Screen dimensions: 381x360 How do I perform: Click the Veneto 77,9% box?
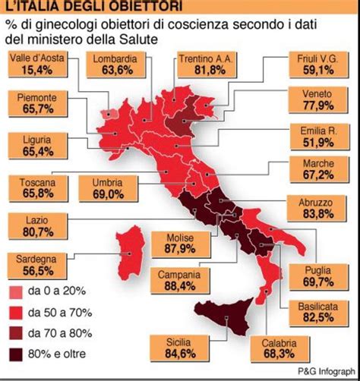pos(314,102)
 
